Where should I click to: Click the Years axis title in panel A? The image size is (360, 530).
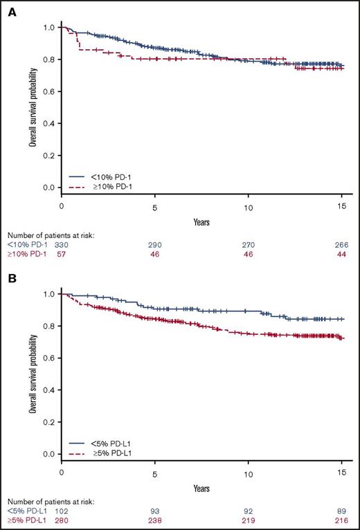203,223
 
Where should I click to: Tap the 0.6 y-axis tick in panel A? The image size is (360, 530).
47,91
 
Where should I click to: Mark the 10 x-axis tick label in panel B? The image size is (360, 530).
249,474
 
